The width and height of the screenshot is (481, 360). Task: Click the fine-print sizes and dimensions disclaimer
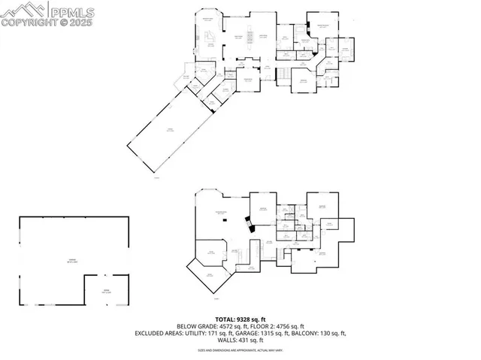point(240,350)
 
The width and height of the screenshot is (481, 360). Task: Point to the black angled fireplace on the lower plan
point(247,222)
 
